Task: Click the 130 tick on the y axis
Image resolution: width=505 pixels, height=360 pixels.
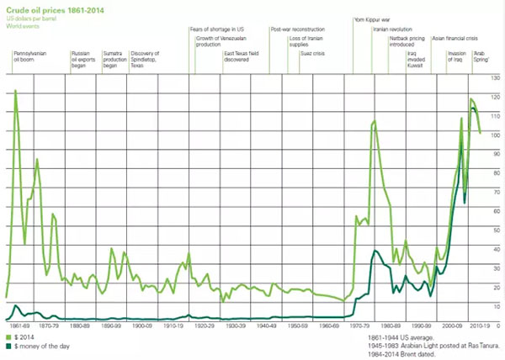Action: [495, 78]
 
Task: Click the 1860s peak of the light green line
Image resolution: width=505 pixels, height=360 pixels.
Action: [15, 90]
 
